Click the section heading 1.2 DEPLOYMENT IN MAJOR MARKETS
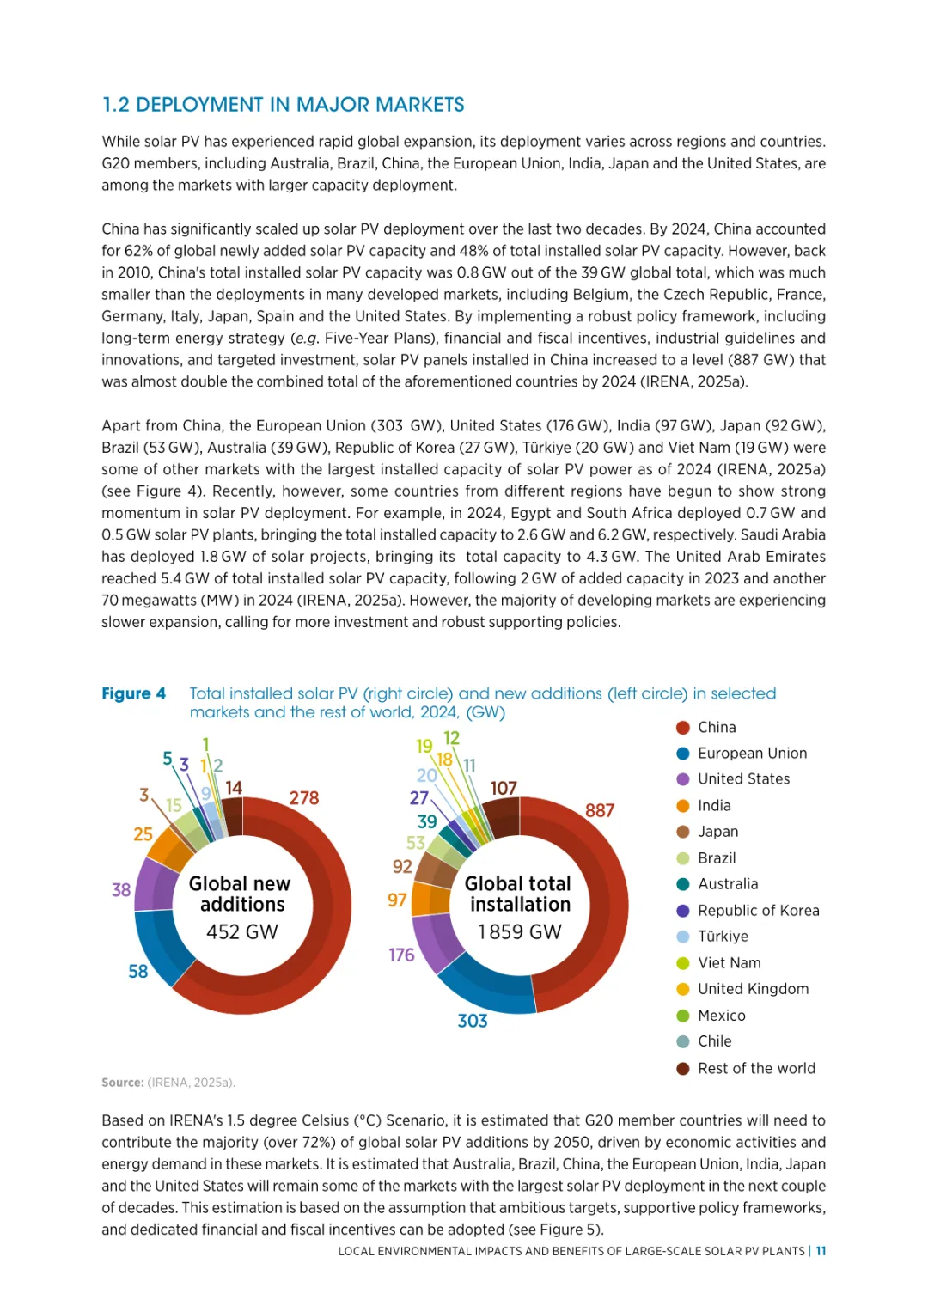283,105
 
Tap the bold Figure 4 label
133,693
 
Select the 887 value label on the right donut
600,810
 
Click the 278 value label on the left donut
304,798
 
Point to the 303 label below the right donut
473,1021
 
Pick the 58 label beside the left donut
138,972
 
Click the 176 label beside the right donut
401,955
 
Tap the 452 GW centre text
242,932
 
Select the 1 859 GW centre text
520,932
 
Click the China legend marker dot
683,728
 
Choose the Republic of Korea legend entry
758,911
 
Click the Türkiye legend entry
723,937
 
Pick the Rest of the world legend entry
756,1068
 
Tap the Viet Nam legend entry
729,963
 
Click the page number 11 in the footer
821,1251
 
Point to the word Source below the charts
122,1083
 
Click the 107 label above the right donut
504,788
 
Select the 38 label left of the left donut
121,890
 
